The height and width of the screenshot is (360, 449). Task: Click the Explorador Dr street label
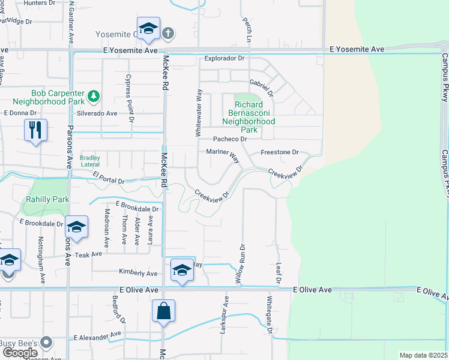[224, 59]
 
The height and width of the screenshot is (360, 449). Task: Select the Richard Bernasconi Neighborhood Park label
[249, 117]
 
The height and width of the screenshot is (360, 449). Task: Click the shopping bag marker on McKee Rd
[163, 311]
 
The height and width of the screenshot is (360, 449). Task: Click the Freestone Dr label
[279, 152]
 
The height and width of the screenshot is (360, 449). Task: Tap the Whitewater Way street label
[198, 113]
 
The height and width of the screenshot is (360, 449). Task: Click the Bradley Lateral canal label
[90, 161]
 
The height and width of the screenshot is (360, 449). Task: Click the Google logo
[20, 352]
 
